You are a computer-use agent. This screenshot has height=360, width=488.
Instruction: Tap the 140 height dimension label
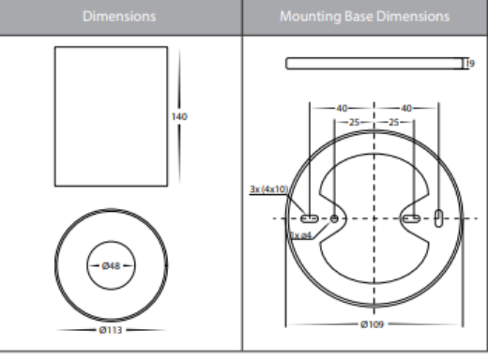179,116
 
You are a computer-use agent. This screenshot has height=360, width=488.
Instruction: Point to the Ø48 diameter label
112,266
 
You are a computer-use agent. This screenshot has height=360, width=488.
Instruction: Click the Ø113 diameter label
113,330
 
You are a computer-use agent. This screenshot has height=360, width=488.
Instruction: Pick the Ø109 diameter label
374,324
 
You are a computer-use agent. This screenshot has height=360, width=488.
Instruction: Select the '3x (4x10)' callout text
268,189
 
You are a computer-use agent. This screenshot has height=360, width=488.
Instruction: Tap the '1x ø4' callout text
301,234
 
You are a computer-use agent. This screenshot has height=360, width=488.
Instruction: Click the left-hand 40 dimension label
343,107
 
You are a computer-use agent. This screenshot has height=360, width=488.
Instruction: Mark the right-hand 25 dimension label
393,123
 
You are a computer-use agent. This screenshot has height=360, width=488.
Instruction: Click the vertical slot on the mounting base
440,218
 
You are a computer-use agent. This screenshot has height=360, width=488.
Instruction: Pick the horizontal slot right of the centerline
411,218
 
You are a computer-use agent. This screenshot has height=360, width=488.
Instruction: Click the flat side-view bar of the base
374,64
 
